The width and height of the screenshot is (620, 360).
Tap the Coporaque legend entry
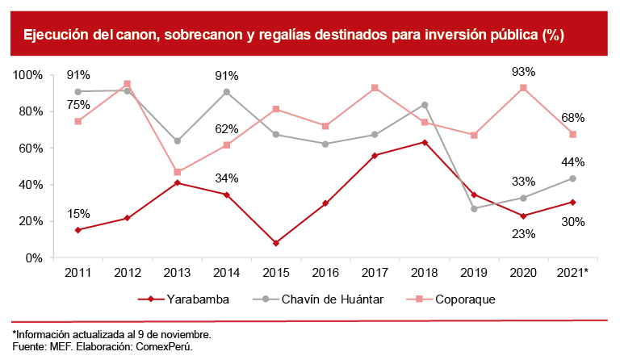[462, 299]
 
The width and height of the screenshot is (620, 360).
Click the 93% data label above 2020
[524, 72]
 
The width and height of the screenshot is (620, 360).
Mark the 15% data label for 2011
[78, 214]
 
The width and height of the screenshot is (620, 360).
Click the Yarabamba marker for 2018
[425, 143]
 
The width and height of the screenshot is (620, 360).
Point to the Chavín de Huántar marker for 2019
[474, 208]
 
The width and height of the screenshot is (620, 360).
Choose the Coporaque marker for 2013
[177, 172]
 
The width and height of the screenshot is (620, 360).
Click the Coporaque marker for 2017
[375, 88]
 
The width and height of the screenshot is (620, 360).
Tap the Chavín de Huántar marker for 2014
[226, 92]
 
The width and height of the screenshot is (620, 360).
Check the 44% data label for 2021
[573, 162]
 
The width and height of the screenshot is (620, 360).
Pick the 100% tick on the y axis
[27, 75]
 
